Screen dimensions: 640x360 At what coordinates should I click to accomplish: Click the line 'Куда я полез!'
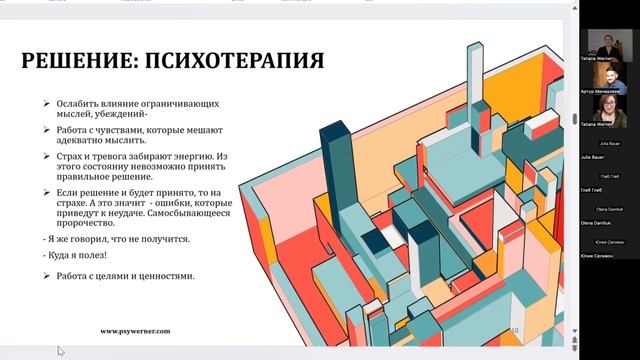click(x=79, y=256)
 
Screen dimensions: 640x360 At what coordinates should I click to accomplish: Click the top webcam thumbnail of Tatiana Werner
click(x=605, y=41)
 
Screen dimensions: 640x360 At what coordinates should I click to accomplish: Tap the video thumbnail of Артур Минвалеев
click(x=605, y=76)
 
